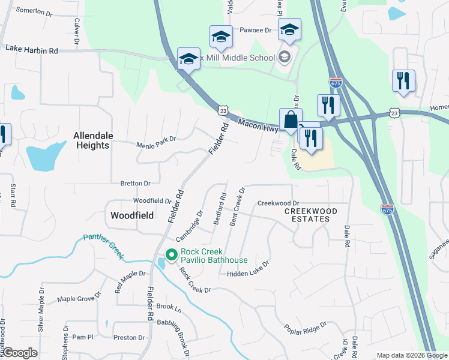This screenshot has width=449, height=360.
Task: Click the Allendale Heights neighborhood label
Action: [x=91, y=140]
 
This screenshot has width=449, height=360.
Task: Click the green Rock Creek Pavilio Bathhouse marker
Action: [x=171, y=256]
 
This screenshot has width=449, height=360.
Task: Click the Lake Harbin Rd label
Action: [x=31, y=50]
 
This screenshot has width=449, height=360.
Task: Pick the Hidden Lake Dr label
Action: [x=248, y=268]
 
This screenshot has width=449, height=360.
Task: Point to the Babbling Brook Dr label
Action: [x=180, y=338]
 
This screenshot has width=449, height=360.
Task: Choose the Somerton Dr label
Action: [x=34, y=10]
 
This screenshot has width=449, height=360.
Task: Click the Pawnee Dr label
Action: [x=256, y=29]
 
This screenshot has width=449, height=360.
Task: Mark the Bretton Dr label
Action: [x=135, y=183]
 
